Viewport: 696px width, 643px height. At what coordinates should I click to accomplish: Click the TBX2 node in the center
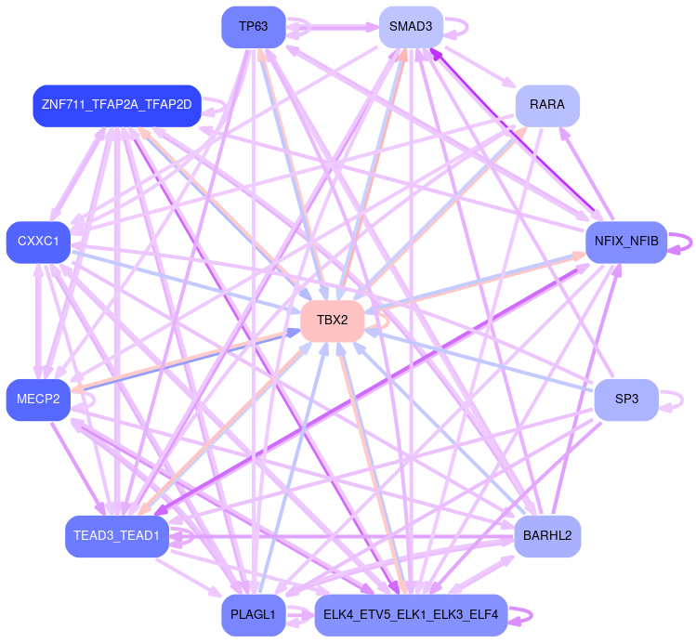[332, 321]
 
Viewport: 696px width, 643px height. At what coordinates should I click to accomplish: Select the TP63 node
[253, 27]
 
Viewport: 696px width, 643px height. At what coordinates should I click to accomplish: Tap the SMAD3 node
[410, 27]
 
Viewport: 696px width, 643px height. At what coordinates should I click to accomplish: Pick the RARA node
[546, 105]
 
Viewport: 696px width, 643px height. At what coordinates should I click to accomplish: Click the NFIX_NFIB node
[625, 242]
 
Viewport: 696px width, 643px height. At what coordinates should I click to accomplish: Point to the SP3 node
[626, 400]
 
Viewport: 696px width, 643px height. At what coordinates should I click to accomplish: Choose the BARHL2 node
[546, 536]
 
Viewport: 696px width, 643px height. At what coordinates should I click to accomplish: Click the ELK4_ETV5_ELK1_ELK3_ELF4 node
[410, 615]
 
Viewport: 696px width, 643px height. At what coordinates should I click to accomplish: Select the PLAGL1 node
[253, 615]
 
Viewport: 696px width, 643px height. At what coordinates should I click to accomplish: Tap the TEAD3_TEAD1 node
[116, 536]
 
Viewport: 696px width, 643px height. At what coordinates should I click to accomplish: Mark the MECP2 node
[38, 400]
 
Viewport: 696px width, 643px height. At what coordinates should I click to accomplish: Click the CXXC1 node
[38, 242]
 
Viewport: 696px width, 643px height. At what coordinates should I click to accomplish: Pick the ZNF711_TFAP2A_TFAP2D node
[116, 105]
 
